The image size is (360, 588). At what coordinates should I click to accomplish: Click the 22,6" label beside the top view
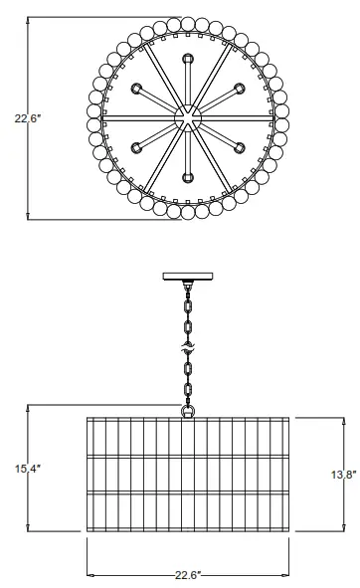point(27,118)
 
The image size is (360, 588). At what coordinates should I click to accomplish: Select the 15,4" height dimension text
point(27,467)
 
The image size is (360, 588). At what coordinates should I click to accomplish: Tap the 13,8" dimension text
point(341,475)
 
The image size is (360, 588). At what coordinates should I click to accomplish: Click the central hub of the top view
point(186,118)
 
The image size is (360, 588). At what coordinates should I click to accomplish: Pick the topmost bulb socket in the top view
point(186,61)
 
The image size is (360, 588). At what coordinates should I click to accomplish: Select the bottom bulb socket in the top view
point(186,176)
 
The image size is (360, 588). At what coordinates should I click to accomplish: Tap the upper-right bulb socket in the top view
point(239,90)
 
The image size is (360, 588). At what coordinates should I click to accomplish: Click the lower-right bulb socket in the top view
point(239,147)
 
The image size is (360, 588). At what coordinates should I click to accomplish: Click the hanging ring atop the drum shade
point(186,409)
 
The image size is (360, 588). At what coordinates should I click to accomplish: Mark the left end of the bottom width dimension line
point(88,574)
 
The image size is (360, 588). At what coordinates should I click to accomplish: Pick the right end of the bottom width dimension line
point(285,574)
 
